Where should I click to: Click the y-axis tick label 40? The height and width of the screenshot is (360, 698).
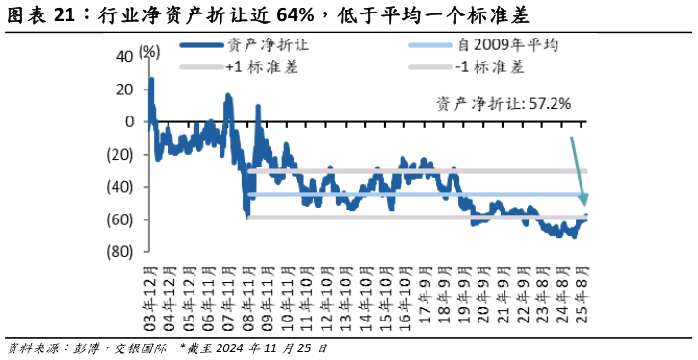pyautogui.click(x=124, y=56)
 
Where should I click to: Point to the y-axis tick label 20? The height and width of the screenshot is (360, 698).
pyautogui.click(x=124, y=89)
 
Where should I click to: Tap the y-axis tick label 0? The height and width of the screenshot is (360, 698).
pyautogui.click(x=129, y=121)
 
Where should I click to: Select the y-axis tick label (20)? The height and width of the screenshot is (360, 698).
pyautogui.click(x=120, y=154)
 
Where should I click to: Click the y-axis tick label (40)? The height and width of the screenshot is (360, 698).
pyautogui.click(x=120, y=187)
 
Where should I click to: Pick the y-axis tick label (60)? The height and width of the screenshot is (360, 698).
pyautogui.click(x=120, y=219)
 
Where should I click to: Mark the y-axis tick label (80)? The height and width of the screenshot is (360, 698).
pyautogui.click(x=120, y=252)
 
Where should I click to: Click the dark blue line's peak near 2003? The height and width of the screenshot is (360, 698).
pyautogui.click(x=152, y=79)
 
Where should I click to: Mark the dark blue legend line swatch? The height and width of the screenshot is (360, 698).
pyautogui.click(x=199, y=44)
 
